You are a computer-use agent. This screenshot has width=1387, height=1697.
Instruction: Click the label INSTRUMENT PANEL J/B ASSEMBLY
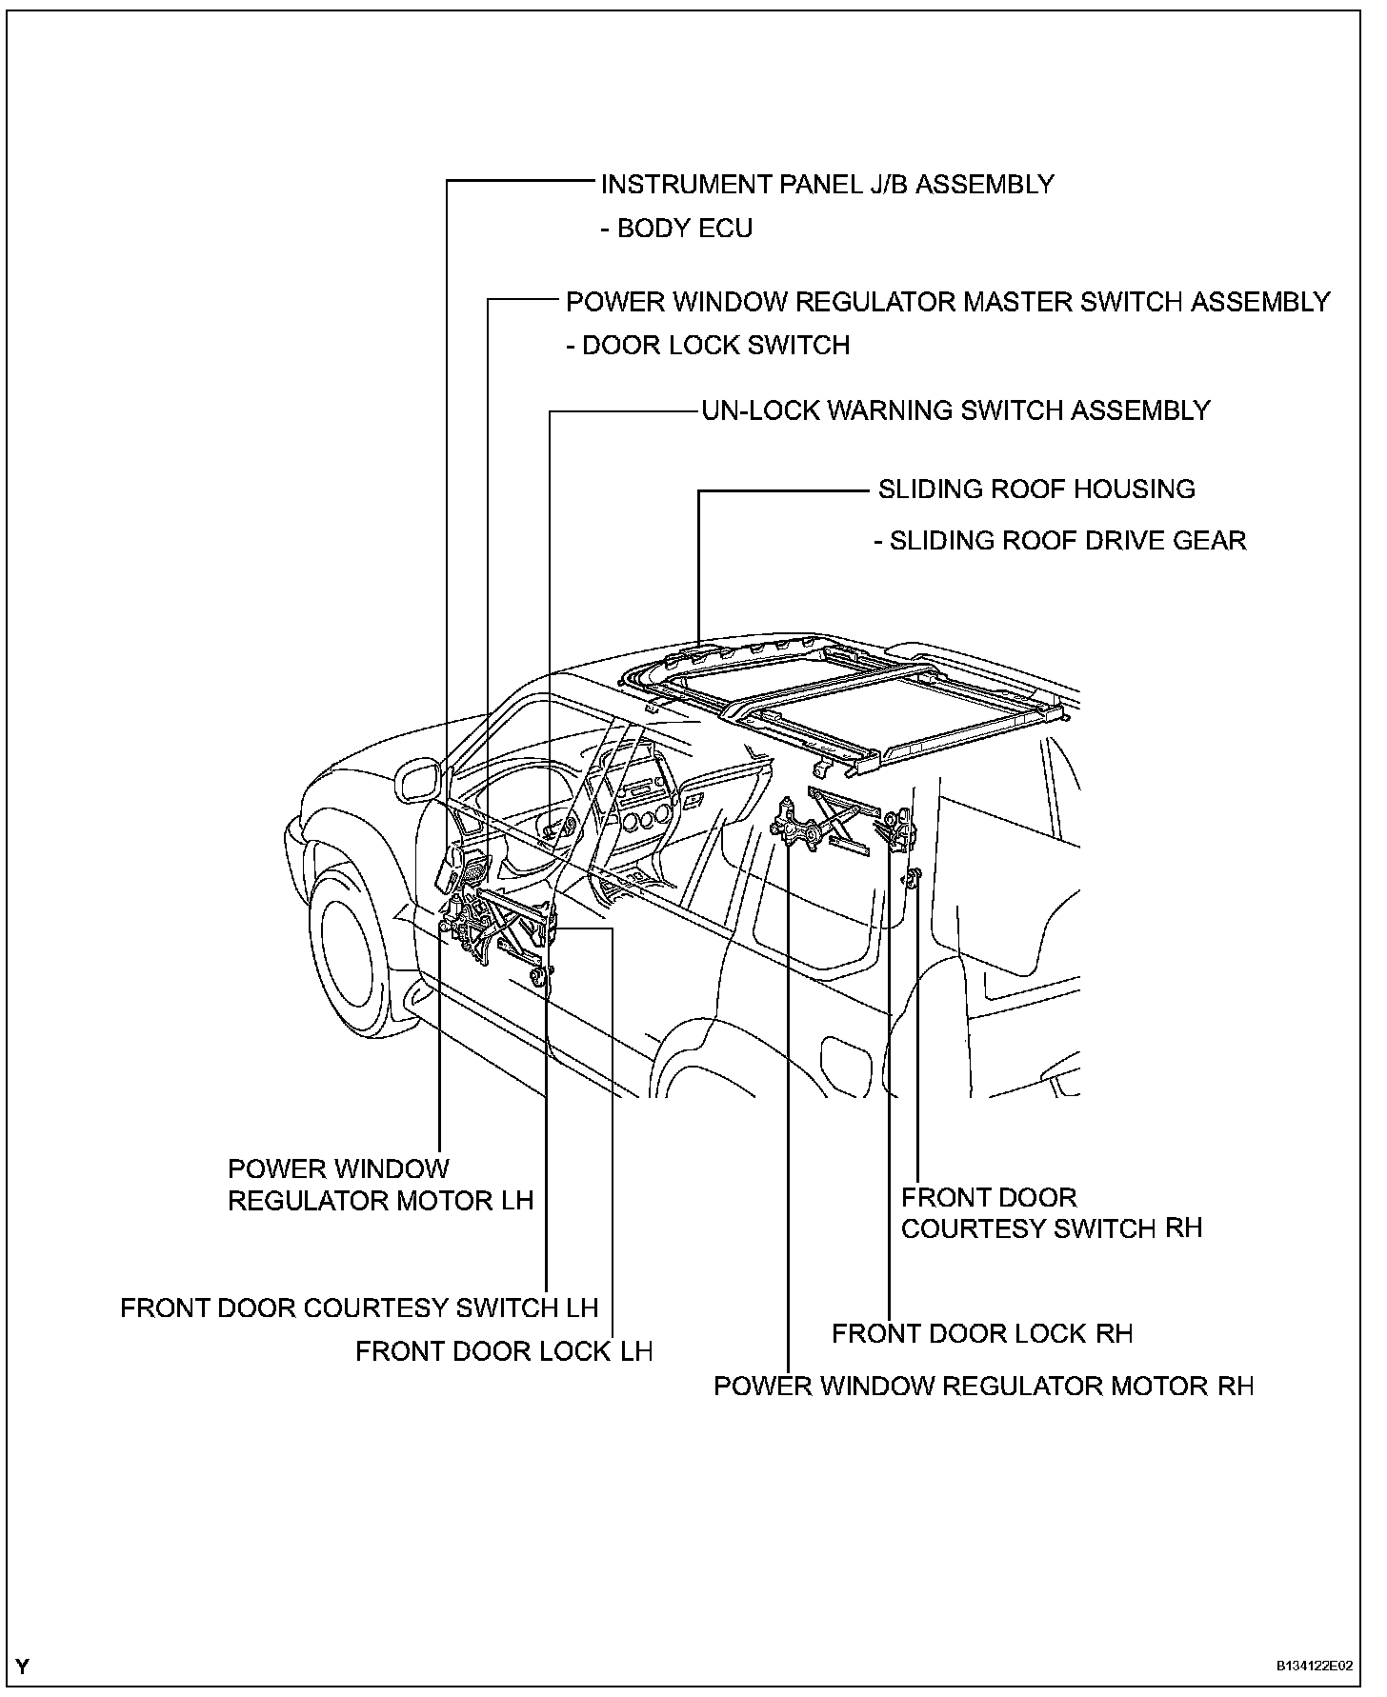tap(827, 184)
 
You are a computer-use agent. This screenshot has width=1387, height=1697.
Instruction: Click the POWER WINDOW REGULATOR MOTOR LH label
tap(380, 1185)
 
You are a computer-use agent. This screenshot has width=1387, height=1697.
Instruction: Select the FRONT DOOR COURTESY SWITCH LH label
tap(359, 1308)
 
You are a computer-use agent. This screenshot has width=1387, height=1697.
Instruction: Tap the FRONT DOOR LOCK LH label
tap(504, 1351)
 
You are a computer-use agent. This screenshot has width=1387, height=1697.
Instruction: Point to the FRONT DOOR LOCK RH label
tap(982, 1333)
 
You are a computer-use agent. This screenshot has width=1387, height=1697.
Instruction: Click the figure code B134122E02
tap(1315, 1667)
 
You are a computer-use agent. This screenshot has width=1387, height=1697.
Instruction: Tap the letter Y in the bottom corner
tap(22, 1667)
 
